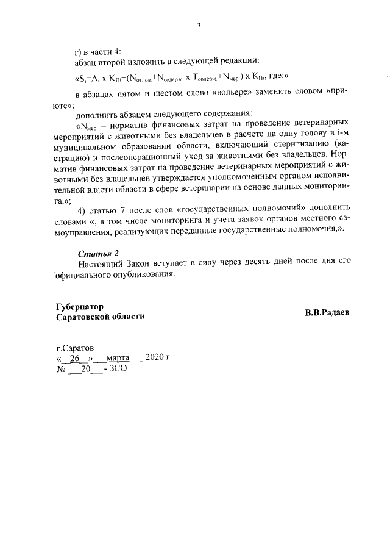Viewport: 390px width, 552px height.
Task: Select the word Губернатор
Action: (x=79, y=306)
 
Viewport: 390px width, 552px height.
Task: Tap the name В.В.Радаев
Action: (x=328, y=312)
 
